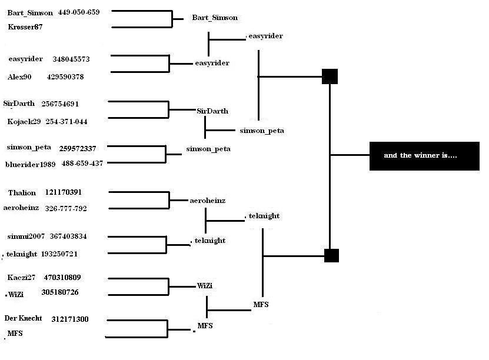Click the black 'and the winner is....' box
point(424,156)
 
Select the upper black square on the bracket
point(330,76)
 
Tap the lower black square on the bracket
point(331,255)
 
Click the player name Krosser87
point(25,27)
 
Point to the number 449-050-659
point(79,12)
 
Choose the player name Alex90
point(19,76)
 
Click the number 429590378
point(65,76)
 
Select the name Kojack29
point(24,122)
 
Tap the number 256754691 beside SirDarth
point(60,104)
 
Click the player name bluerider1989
point(30,164)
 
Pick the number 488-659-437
point(82,163)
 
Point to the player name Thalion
point(22,192)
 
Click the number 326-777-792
point(66,208)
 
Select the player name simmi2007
point(26,236)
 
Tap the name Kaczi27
point(21,278)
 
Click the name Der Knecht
point(23,318)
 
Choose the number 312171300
point(70,319)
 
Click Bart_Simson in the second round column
point(215,18)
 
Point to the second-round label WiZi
point(205,285)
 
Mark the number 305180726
point(60,292)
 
